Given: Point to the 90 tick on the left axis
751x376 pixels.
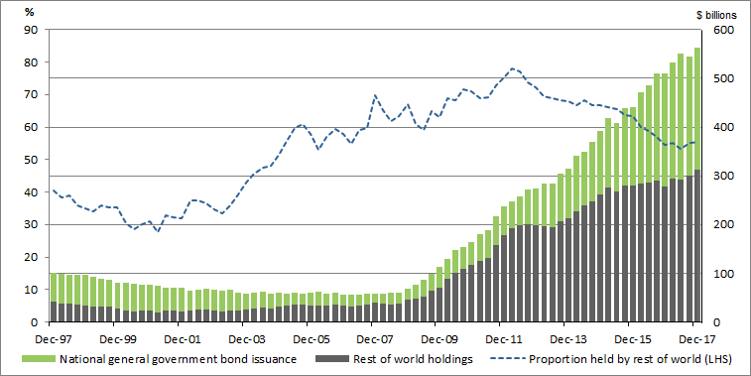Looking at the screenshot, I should [x=30, y=30].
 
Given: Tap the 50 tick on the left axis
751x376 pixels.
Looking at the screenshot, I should [x=30, y=160].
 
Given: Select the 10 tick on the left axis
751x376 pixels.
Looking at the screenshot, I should [x=30, y=290].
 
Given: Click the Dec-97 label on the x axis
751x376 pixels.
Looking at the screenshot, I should [x=52, y=338].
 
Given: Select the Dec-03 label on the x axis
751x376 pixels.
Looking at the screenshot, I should [x=244, y=338].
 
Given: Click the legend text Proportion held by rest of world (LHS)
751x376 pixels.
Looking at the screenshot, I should [x=632, y=359].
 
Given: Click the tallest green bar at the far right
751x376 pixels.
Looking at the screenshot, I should [x=696, y=109].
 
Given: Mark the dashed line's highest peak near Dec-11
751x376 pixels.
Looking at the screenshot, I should [x=512, y=68].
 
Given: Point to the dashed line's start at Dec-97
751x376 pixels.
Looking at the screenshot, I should [x=53, y=189].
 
